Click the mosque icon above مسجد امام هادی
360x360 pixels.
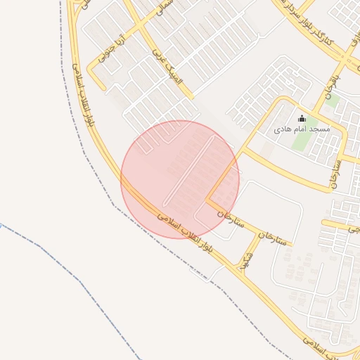[302, 118]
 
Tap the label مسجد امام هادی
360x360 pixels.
[302, 130]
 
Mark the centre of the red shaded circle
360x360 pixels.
[180, 179]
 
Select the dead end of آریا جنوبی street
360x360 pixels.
[94, 88]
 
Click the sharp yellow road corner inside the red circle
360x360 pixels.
[207, 200]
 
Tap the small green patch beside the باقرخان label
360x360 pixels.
[333, 100]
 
